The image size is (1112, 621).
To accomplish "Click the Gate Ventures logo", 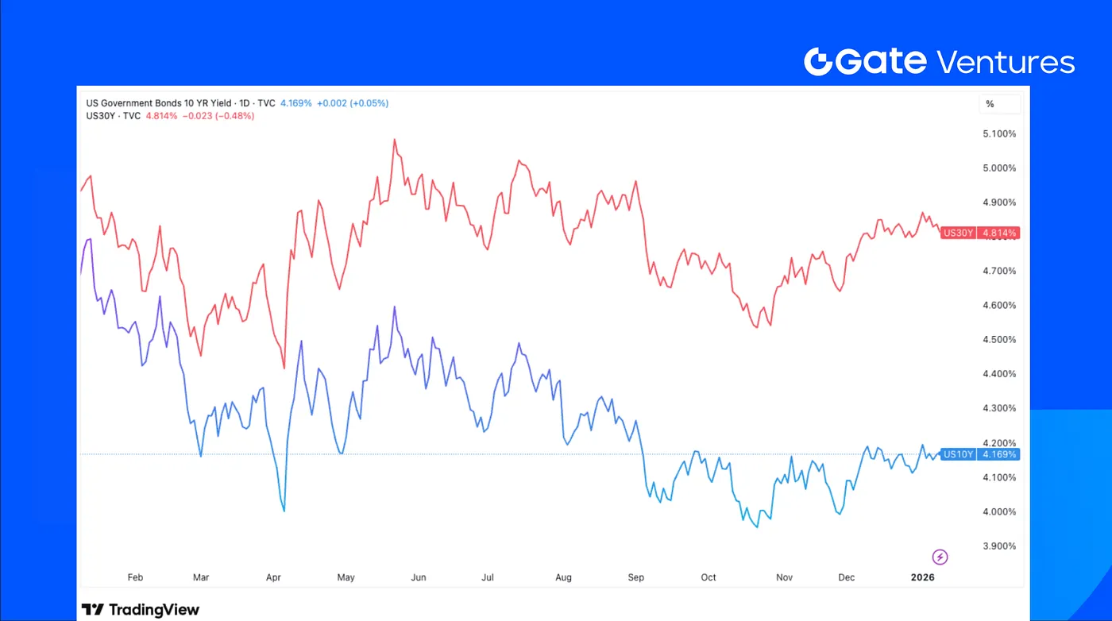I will tap(939, 61).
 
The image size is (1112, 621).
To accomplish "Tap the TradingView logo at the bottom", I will tap(141, 610).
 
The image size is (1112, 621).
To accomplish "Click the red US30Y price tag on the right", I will tap(979, 233).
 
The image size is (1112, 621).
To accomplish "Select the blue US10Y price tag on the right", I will tap(979, 454).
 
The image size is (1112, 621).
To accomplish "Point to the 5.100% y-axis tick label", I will tap(998, 133).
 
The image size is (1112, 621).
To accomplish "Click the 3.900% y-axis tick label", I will tap(998, 546).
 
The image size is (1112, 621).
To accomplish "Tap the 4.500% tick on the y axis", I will tap(998, 339).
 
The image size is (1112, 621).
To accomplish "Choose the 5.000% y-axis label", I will tap(998, 168).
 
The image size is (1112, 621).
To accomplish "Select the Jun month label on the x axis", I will tap(419, 577).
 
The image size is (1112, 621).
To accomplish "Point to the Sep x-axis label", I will tap(636, 577).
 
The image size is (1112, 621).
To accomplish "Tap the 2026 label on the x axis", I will tap(923, 577).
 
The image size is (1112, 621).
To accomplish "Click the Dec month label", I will tap(847, 577).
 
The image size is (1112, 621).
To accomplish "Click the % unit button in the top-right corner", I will tap(990, 104).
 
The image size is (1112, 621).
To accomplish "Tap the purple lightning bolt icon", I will tap(940, 557).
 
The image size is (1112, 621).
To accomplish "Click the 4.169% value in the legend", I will tap(295, 103).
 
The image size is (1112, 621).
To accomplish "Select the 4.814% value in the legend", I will tap(161, 116).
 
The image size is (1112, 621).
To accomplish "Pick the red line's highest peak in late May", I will tap(394, 140).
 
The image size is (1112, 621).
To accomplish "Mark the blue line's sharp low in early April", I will tap(284, 511).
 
